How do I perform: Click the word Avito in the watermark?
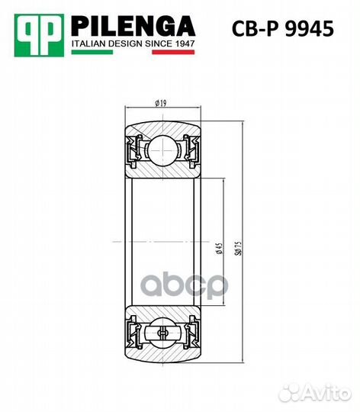(x=328, y=393)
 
